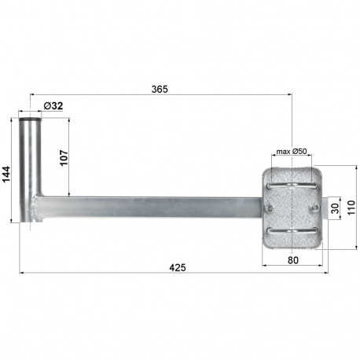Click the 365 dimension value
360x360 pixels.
[160, 90]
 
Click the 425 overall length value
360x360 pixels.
[177, 268]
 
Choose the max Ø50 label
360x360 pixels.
[292, 152]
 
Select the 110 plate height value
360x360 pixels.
[351, 207]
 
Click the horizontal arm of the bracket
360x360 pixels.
[149, 207]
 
